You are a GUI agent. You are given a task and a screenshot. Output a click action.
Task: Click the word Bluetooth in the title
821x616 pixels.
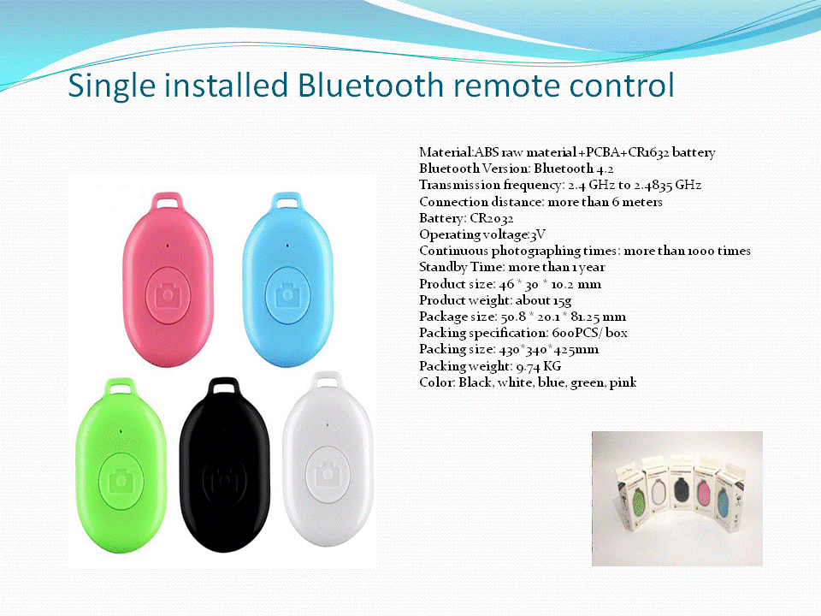370,85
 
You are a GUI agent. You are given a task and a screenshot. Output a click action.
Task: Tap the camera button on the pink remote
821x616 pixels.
168,295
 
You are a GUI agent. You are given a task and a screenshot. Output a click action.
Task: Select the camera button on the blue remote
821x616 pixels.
287,295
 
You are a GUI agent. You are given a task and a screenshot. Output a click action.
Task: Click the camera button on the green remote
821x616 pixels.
121,481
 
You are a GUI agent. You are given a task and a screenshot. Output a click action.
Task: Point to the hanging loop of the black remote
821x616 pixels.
224,387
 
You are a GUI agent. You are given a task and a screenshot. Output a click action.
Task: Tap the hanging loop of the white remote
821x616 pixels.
328,382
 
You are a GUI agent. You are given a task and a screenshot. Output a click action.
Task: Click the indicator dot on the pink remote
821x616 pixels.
168,246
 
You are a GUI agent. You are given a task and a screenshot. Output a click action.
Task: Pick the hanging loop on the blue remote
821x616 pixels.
287,202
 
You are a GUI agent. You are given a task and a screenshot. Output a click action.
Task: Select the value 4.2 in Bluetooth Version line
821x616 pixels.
605,169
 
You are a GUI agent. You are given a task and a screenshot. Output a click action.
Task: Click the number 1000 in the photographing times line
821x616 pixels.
700,251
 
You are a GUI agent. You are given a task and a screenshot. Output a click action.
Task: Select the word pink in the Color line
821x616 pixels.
623,383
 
